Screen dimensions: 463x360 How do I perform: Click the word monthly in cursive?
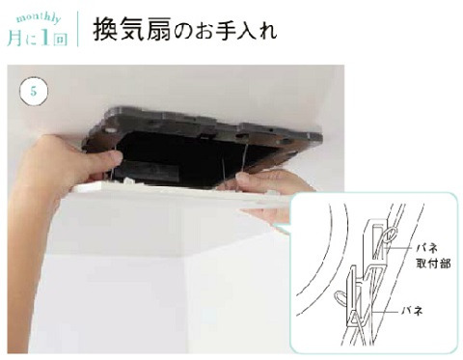(39, 18)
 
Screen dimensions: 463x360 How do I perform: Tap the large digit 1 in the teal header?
(45, 38)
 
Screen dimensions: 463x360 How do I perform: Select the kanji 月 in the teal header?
(15, 38)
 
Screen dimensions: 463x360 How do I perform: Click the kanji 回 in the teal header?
(60, 39)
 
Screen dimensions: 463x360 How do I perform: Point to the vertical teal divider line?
(78, 29)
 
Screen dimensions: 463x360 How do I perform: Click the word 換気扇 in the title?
(132, 31)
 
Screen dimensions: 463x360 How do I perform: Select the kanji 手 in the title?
(222, 31)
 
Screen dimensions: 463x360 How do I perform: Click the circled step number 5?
(34, 92)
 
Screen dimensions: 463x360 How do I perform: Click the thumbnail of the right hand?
(242, 177)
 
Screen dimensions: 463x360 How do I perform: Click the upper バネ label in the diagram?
(427, 248)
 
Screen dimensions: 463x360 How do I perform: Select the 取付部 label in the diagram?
(433, 263)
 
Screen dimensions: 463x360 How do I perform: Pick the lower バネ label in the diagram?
(412, 311)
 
